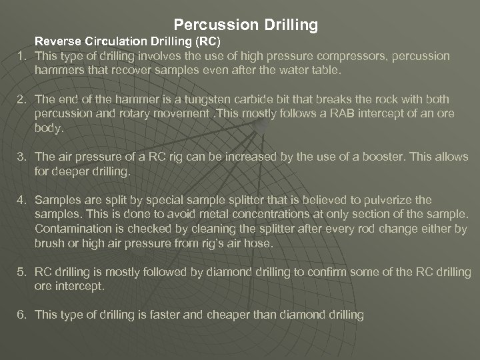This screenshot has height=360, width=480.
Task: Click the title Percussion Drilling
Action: coord(245,25)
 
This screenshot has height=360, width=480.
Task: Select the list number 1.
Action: coord(21,56)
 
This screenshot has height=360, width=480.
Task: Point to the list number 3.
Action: coord(21,157)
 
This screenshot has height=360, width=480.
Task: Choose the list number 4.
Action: coord(21,200)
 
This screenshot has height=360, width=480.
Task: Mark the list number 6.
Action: coord(21,315)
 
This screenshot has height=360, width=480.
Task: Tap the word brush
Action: coord(49,243)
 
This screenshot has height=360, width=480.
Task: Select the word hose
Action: coord(260,243)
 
